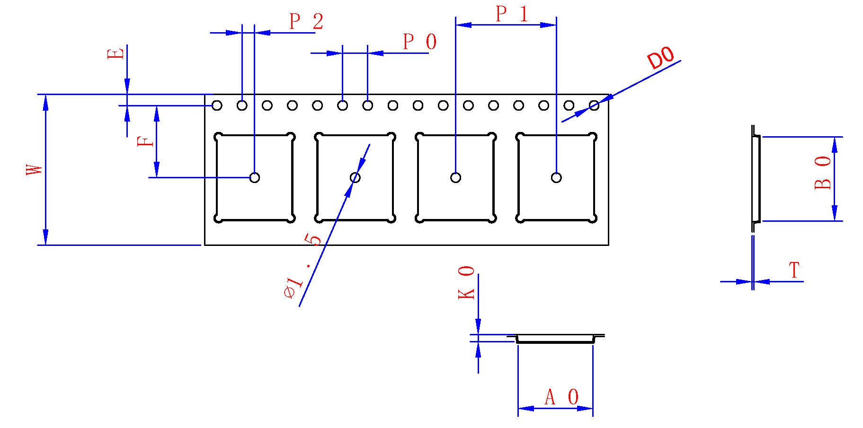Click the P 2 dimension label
coord(306,22)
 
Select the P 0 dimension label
coord(419,42)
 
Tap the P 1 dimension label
coord(511,14)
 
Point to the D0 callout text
coord(661,58)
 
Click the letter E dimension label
coord(116,53)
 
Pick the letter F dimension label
coord(145,141)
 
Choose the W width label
coord(34,170)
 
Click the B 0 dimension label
coord(823,173)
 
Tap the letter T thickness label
coord(794,271)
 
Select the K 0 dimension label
coord(466,282)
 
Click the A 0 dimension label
coord(561,397)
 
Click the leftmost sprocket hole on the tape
coord(217,105)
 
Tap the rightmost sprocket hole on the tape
coord(594,105)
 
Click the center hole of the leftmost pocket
coord(255,178)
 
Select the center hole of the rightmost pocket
coord(556,178)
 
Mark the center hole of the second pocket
coord(355,178)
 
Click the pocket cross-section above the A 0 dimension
coord(555,339)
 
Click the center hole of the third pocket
coord(455,178)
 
